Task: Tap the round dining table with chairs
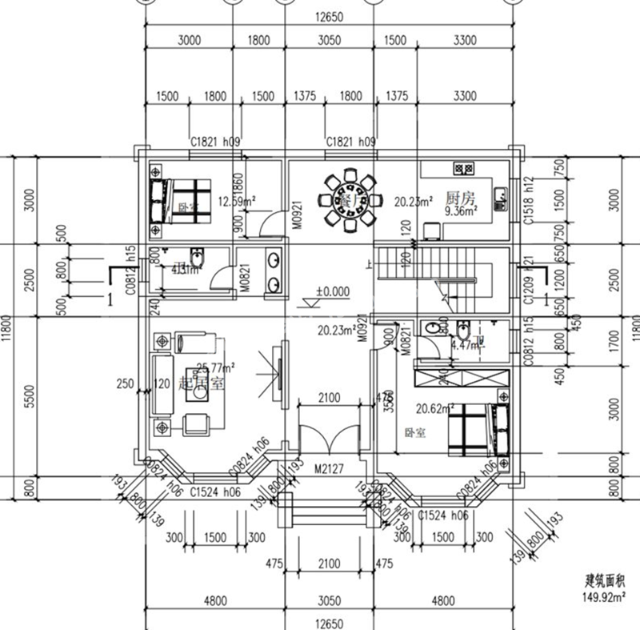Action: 349,198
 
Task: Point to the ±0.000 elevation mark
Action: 332,292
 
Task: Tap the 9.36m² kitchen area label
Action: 461,212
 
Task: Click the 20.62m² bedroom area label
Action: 435,407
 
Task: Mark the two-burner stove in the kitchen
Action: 463,168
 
